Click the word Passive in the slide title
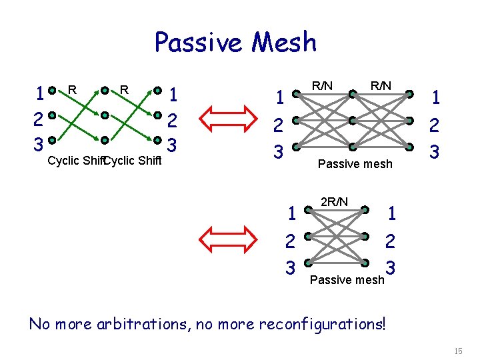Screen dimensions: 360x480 click(x=199, y=42)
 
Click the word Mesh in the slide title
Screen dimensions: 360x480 click(x=283, y=42)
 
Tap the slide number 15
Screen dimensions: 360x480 click(x=457, y=351)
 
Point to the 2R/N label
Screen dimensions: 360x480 click(x=333, y=201)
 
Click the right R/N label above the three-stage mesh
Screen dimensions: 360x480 click(x=381, y=85)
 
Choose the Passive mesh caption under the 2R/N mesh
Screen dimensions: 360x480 click(x=347, y=279)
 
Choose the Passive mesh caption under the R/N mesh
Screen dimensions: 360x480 click(x=355, y=163)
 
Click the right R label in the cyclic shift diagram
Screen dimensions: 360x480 click(x=123, y=88)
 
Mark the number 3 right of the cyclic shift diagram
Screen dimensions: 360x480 click(x=171, y=144)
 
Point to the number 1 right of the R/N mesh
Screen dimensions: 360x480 click(x=435, y=98)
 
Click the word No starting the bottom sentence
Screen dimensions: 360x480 click(x=41, y=324)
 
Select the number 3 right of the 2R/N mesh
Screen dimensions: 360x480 click(x=391, y=267)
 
